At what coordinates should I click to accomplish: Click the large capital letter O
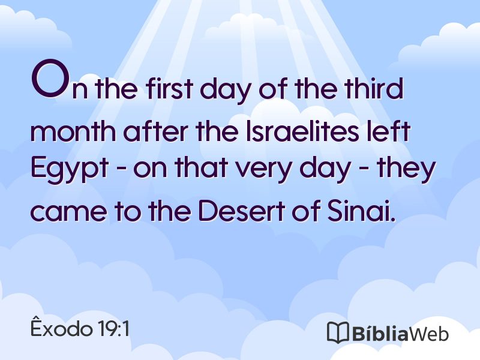[x=49, y=79]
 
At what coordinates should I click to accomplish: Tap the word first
[x=169, y=88]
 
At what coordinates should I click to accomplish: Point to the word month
[x=73, y=131]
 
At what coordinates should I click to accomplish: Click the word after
[x=155, y=131]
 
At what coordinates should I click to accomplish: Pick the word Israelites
[x=302, y=131]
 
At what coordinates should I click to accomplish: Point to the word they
[x=406, y=169]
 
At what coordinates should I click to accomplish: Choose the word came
[x=69, y=211]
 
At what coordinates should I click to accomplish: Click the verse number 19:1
[x=114, y=329]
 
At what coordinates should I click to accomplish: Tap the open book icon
[x=338, y=332]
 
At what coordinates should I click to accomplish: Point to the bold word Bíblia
[x=380, y=332]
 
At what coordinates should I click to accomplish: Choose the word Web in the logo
[x=429, y=333]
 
